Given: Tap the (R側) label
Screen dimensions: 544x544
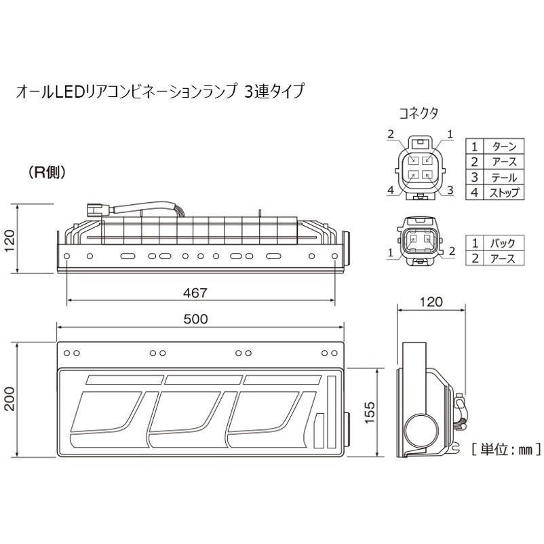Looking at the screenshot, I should pyautogui.click(x=47, y=173).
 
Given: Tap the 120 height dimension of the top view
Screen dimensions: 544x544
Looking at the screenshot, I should pyautogui.click(x=8, y=240).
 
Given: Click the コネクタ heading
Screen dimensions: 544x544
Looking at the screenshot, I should pyautogui.click(x=418, y=113).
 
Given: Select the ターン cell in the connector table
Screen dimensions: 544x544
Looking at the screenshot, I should pyautogui.click(x=503, y=146).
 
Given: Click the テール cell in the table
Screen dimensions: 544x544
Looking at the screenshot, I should pyautogui.click(x=503, y=177).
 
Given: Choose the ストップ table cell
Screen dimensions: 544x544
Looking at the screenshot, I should pyautogui.click(x=503, y=193).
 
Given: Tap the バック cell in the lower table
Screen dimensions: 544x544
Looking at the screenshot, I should pyautogui.click(x=502, y=242).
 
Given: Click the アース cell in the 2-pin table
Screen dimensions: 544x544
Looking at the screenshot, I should pyautogui.click(x=502, y=258).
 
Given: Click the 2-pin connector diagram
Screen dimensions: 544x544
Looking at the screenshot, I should pyautogui.click(x=418, y=242).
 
